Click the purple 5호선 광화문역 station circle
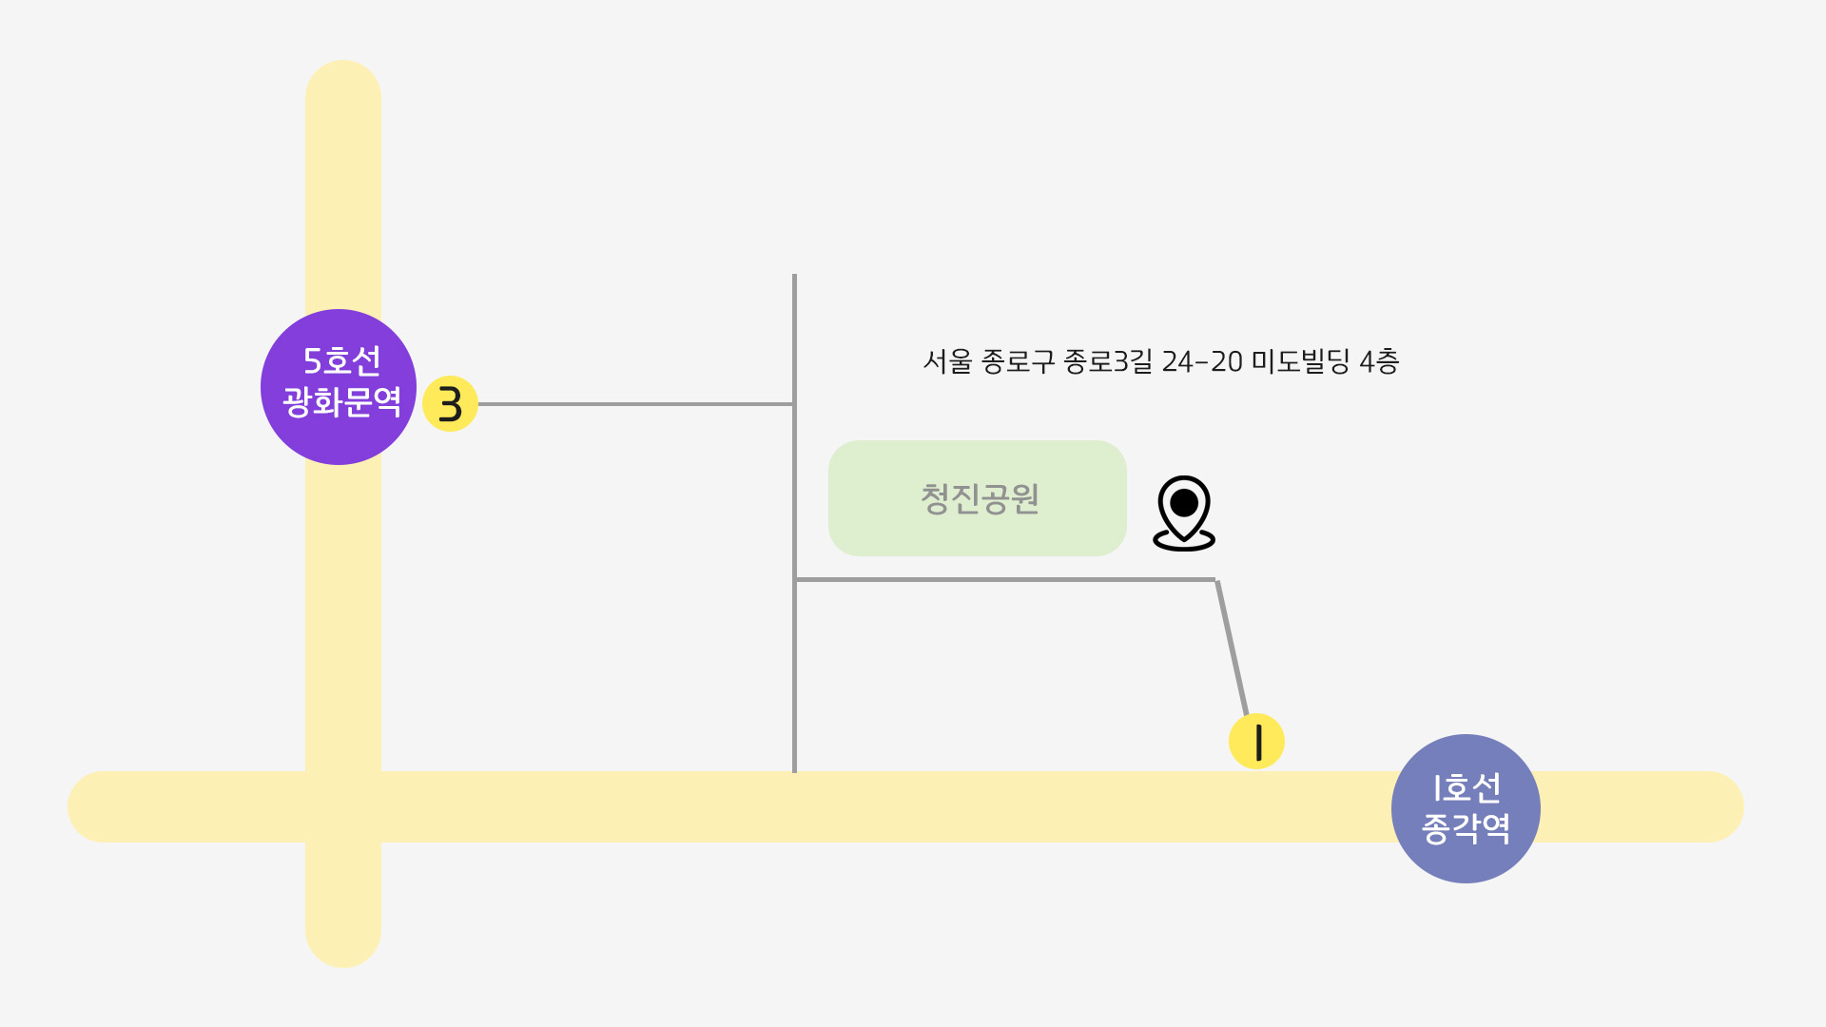pyautogui.click(x=339, y=387)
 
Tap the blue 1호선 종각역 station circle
pyautogui.click(x=1466, y=808)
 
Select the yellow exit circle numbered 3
pyautogui.click(x=450, y=404)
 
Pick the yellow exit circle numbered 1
pyautogui.click(x=1256, y=741)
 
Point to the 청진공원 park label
pyautogui.click(x=980, y=498)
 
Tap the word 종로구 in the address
pyautogui.click(x=1018, y=361)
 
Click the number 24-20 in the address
pyautogui.click(x=1202, y=361)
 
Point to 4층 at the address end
pyautogui.click(x=1379, y=361)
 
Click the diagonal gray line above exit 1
pyautogui.click(x=1232, y=647)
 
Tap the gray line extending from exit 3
pyautogui.click(x=636, y=404)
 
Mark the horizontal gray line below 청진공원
pyautogui.click(x=1005, y=579)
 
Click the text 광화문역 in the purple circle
pyautogui.click(x=341, y=401)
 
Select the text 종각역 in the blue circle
pyautogui.click(x=1466, y=828)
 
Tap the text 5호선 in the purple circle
pyautogui.click(x=341, y=360)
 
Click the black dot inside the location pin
pyautogui.click(x=1184, y=502)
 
